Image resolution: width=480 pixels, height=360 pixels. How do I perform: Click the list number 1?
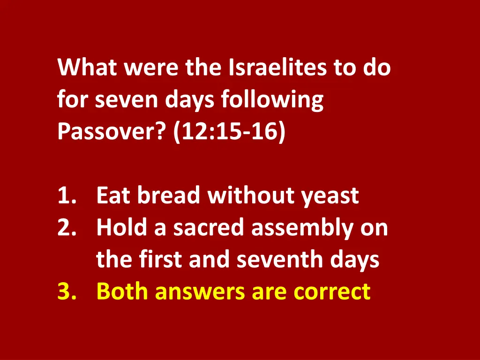pos(67,196)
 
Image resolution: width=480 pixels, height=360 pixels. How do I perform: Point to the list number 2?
pos(67,228)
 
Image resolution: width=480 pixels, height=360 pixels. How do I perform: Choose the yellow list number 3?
pos(67,292)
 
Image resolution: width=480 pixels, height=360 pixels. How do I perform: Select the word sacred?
pos(210,228)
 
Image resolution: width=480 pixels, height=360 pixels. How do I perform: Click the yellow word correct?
pos(332,292)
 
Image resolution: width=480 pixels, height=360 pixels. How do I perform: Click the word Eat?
pos(113,196)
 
